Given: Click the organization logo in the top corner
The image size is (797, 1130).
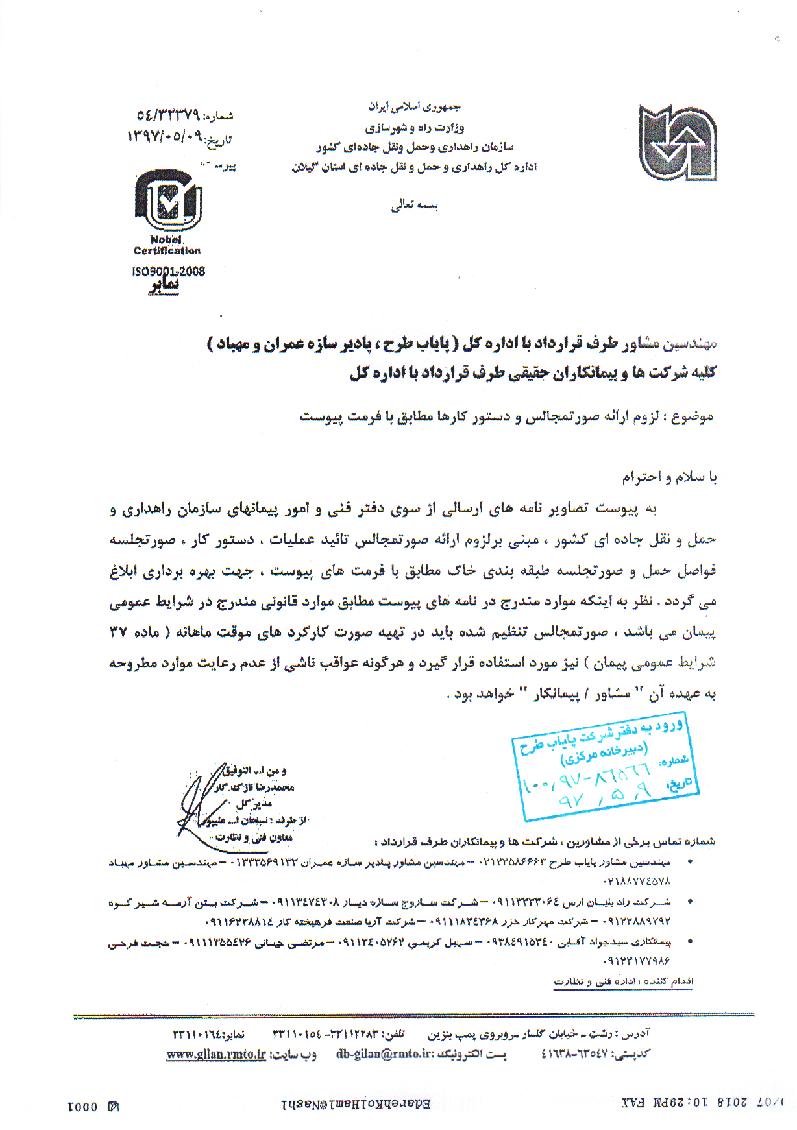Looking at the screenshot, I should pos(677,143).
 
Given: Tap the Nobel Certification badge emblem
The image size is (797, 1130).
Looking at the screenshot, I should pos(167,200).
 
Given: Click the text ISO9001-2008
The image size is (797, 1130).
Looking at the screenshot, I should pos(168,271).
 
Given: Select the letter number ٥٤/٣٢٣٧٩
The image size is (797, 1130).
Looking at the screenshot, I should pos(167,115).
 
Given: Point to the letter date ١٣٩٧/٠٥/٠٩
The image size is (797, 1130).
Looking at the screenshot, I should pos(165,137).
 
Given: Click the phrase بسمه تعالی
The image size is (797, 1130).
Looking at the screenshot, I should pos(415,206).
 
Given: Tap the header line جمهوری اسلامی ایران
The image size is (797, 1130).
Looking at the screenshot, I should pos(415,106).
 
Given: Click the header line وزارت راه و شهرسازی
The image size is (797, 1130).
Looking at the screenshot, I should pos(415,127).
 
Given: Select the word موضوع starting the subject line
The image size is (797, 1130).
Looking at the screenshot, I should pos(693,416).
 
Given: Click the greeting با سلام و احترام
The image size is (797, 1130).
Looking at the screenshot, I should pos(670,477).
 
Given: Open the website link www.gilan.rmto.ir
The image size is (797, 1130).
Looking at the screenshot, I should pos(216,1054).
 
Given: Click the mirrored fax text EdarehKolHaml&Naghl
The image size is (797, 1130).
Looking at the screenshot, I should pos(356,1103).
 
